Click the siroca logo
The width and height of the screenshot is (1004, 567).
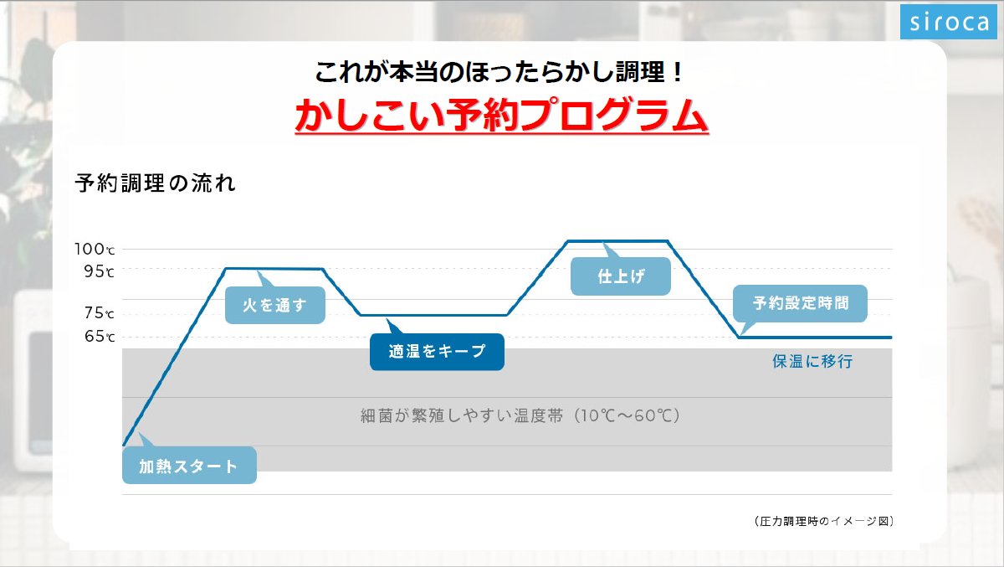coord(949,22)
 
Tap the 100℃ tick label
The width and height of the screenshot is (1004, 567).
coord(95,249)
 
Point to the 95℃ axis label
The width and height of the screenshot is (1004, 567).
coord(99,271)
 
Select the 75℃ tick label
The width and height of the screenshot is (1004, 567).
coord(99,312)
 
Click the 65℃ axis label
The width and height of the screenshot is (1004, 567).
coord(99,336)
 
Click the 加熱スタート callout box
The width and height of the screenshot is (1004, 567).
coord(189,465)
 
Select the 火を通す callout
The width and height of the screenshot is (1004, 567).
coord(274,305)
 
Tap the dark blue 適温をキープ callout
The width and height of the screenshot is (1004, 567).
coord(437,352)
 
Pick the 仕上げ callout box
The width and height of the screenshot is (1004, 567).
coord(621,276)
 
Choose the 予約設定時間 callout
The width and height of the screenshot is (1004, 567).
coord(800,303)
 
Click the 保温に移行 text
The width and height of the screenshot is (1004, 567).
coord(812,361)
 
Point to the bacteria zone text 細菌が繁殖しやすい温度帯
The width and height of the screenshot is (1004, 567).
coord(462,416)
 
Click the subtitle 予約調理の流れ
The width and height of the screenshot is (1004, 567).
coord(155,183)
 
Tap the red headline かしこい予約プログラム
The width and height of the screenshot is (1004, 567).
coord(501,115)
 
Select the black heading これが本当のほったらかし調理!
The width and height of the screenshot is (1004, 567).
coord(499,72)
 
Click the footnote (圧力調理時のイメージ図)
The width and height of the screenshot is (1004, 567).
coord(824,521)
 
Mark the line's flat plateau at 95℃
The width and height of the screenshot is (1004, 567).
coord(274,269)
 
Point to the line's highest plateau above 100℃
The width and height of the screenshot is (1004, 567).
coord(617,241)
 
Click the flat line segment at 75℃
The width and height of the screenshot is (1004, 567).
coord(433,315)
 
